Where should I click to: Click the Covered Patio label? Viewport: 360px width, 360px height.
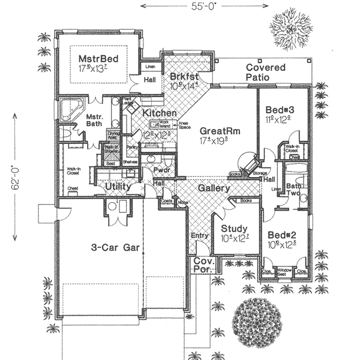266,73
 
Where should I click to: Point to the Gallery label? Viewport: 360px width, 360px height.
215,188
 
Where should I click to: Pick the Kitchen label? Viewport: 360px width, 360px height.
159,113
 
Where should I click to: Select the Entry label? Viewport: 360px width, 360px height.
199,236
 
